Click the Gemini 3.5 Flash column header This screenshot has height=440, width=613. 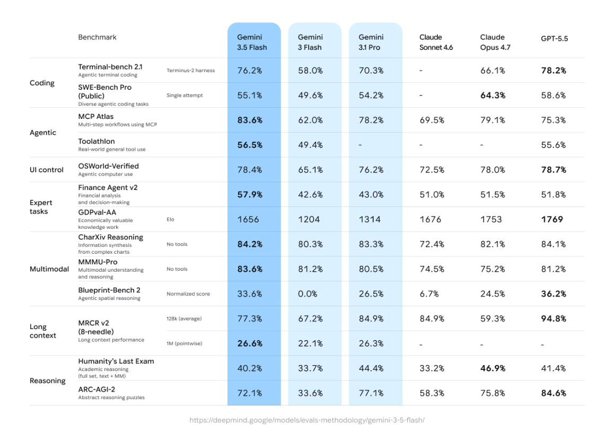(x=252, y=42)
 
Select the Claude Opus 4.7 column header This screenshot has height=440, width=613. (x=495, y=42)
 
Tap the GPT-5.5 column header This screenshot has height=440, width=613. (x=554, y=38)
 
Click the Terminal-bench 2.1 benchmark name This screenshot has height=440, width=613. (x=110, y=67)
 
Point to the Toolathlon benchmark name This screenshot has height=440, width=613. (x=97, y=141)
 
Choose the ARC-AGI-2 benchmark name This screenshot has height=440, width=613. (x=97, y=390)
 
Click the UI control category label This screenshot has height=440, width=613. (x=47, y=170)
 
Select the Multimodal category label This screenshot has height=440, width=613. (x=49, y=269)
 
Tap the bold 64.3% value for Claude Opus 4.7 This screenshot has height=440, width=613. (x=493, y=95)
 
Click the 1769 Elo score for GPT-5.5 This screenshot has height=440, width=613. (x=552, y=219)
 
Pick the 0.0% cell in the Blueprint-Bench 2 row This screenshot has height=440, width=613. (x=308, y=294)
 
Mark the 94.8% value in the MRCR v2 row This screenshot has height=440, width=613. (x=554, y=318)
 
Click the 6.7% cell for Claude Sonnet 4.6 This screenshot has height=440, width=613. (x=429, y=294)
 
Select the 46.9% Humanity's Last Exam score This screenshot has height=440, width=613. (x=493, y=368)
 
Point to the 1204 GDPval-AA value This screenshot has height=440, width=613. (x=309, y=219)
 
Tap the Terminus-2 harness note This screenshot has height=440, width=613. (x=191, y=71)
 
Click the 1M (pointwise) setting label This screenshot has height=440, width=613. (x=185, y=343)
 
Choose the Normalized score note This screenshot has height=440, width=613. (x=188, y=294)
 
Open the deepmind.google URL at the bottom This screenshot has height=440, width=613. (x=307, y=420)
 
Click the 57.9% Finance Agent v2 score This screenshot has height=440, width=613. (x=250, y=195)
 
